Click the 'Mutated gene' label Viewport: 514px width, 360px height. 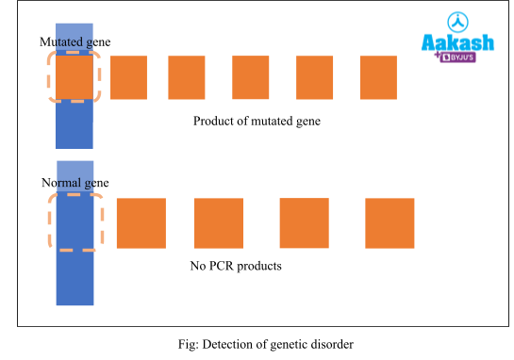(x=75, y=42)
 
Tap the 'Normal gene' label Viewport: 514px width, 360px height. (x=75, y=183)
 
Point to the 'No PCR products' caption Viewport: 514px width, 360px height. (x=236, y=267)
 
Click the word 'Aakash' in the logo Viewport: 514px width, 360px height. (x=456, y=42)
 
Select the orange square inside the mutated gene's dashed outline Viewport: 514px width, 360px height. (x=75, y=77)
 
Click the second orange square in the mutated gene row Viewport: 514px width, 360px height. (x=128, y=77)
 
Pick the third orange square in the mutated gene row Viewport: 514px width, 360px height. (x=187, y=77)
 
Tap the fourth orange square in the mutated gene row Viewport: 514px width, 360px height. (x=251, y=77)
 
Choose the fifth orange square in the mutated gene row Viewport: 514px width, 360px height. (x=314, y=77)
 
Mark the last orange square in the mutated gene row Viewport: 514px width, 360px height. (x=378, y=77)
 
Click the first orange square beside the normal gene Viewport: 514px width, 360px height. (x=141, y=223)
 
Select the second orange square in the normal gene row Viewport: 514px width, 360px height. (x=219, y=223)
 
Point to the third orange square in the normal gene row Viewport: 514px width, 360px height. (x=304, y=223)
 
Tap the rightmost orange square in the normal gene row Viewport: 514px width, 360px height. (x=390, y=223)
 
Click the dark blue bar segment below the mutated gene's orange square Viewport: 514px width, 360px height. (x=75, y=124)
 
